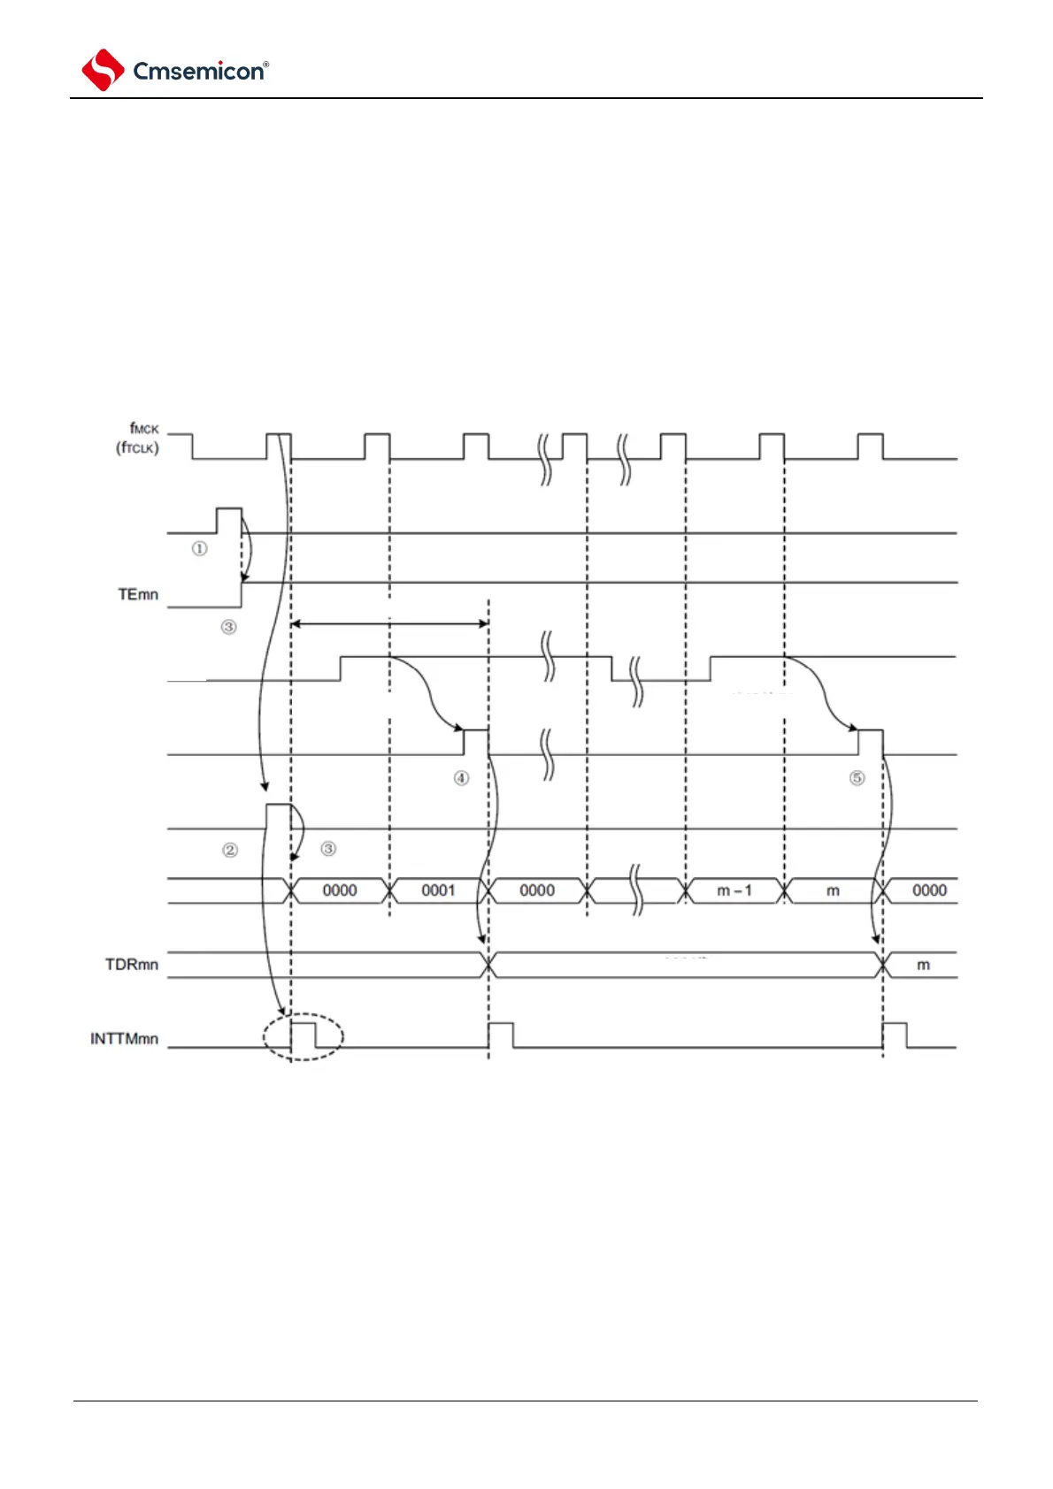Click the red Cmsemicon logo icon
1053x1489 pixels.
tap(103, 70)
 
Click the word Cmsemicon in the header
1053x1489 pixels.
tap(197, 72)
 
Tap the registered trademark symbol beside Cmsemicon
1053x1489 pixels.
tap(266, 65)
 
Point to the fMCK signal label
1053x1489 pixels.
tap(144, 429)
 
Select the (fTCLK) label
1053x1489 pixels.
tap(137, 447)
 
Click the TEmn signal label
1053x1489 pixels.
tap(138, 594)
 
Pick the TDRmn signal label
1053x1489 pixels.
tap(132, 964)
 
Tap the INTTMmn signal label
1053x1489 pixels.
tap(124, 1038)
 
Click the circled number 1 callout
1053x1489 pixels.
tap(200, 549)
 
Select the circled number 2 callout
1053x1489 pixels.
tap(230, 850)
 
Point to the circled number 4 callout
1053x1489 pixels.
tap(462, 778)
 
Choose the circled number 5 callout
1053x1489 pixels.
tap(857, 778)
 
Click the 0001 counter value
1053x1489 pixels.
tap(438, 890)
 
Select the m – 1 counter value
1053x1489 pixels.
tap(734, 890)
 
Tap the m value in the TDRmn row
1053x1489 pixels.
tap(923, 965)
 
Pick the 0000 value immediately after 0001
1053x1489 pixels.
tap(537, 890)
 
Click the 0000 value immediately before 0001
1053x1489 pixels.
tap(340, 890)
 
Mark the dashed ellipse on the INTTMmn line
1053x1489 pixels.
tap(304, 1036)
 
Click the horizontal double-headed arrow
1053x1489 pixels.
tap(389, 623)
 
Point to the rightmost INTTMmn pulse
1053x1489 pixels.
tap(895, 1035)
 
